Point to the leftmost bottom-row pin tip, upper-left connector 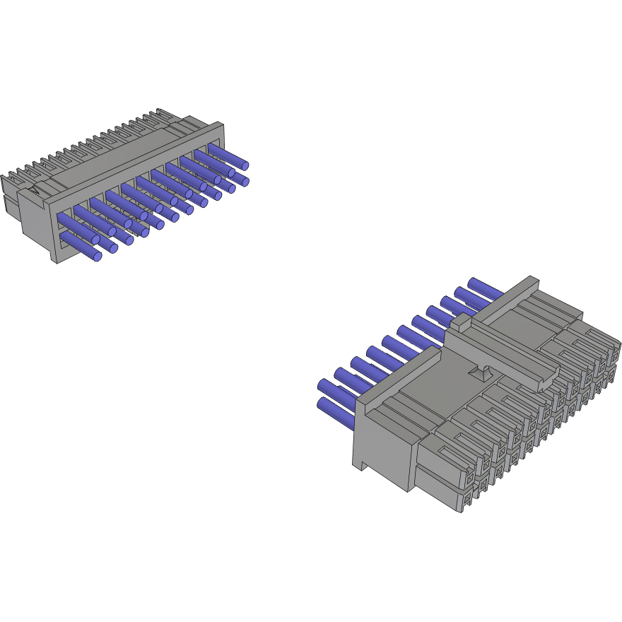(98, 256)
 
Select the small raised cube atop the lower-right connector (461, 323)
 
